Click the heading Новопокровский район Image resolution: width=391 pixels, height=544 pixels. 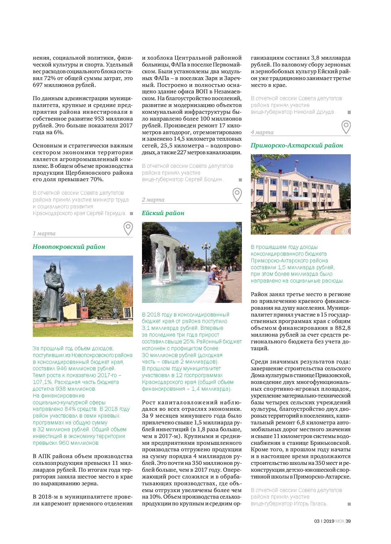tap(69, 247)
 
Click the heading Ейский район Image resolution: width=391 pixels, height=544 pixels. tap(163, 213)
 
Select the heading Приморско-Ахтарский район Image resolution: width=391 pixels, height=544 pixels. tap(297, 145)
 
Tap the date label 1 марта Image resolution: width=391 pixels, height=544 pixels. tap(44, 233)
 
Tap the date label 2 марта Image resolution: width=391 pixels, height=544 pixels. tap(153, 200)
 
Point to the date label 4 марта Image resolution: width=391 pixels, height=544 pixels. tap(262, 132)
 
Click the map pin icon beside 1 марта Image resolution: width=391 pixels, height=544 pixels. tap(128, 228)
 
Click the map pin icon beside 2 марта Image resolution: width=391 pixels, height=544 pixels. tap(237, 194)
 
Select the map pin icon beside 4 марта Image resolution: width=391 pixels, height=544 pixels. tap(346, 127)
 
